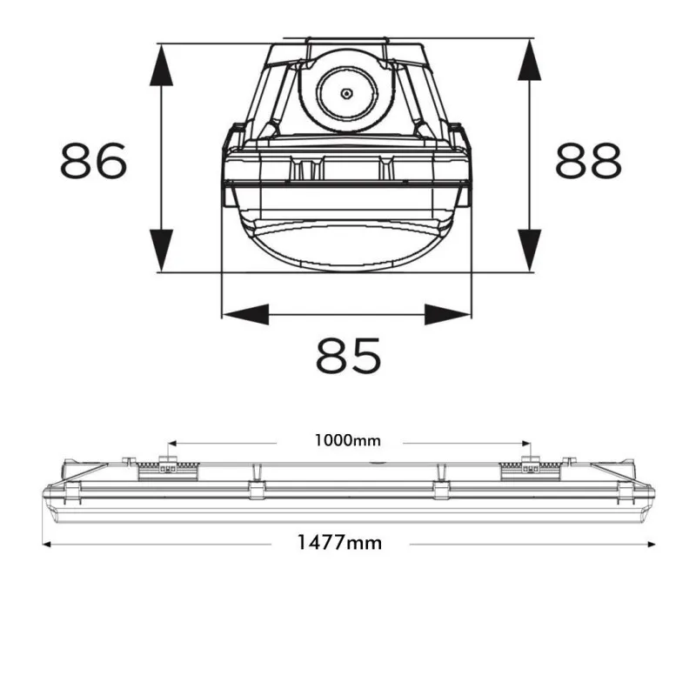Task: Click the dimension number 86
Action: pos(94,160)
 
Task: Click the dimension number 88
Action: pos(589,160)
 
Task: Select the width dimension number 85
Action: pos(348,356)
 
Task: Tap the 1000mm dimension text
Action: pos(348,440)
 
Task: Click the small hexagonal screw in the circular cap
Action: pos(345,92)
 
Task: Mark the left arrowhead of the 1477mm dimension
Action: pos(47,544)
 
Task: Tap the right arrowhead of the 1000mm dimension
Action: pos(525,441)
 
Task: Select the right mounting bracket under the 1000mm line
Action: pos(528,467)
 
